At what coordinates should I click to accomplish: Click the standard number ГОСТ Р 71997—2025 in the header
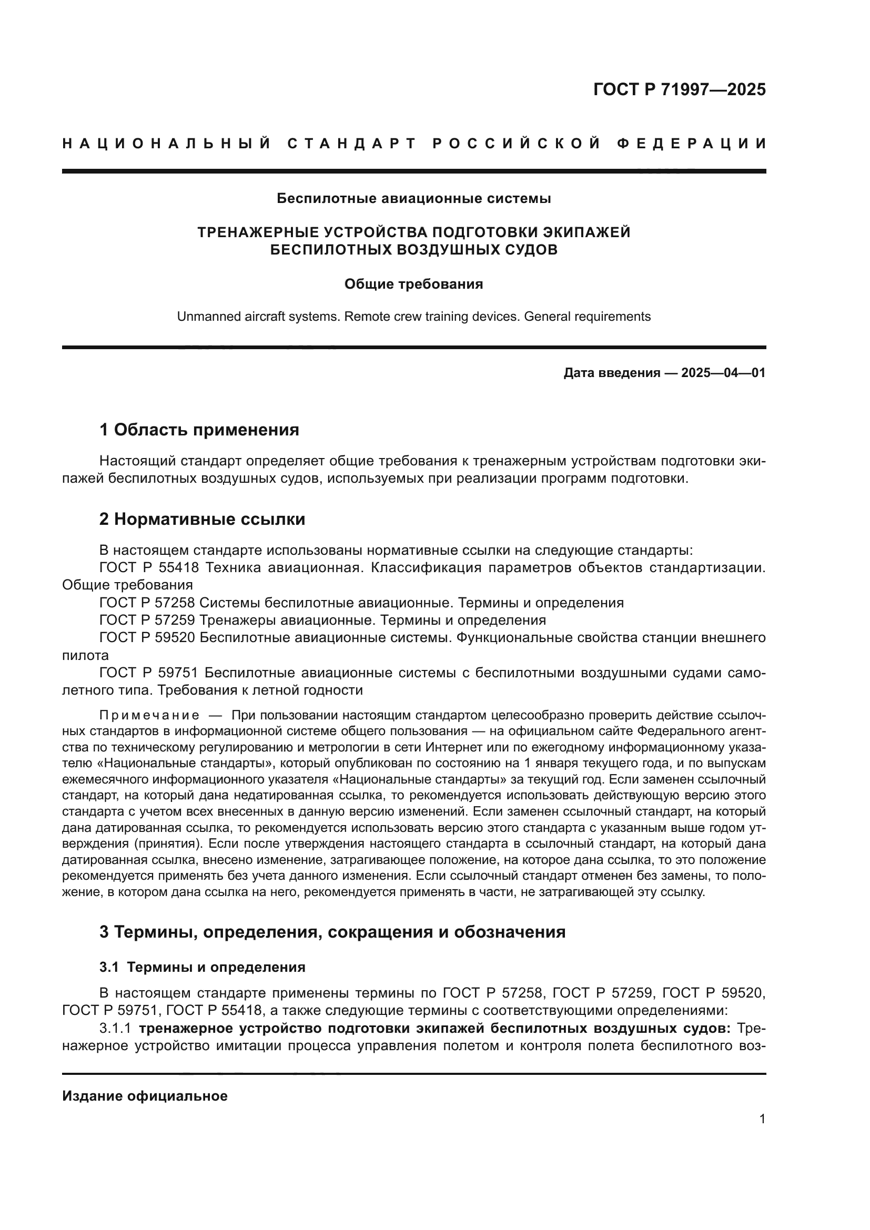(679, 89)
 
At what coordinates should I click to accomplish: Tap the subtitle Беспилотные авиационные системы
(413, 198)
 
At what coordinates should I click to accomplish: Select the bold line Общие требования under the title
(413, 284)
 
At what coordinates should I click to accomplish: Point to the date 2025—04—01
(723, 373)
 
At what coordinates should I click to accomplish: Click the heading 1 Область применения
(199, 430)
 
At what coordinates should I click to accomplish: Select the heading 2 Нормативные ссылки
(203, 519)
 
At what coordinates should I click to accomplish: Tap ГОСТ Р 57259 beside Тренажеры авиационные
(147, 621)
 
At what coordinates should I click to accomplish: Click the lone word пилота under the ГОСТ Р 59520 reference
(85, 656)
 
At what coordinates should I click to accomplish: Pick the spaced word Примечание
(149, 716)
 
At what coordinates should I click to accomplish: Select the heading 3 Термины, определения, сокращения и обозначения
(332, 932)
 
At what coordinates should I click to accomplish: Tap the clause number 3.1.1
(115, 1029)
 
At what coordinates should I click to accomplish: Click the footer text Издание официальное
(145, 1096)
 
